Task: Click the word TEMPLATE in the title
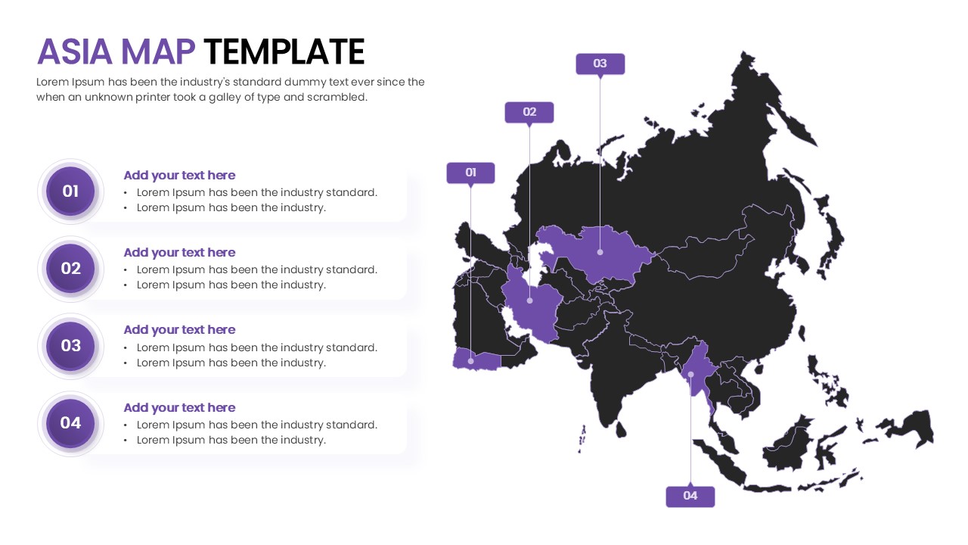click(x=284, y=52)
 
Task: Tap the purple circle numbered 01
click(x=70, y=192)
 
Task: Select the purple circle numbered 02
click(x=70, y=269)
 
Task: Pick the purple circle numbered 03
click(x=70, y=346)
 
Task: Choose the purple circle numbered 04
click(x=70, y=423)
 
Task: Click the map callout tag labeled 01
click(x=470, y=173)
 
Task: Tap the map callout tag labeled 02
click(x=529, y=112)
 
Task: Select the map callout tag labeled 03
click(x=600, y=64)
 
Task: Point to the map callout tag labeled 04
click(x=690, y=496)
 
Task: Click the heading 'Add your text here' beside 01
click(x=179, y=176)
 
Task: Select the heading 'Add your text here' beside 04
click(x=179, y=408)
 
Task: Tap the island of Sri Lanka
click(x=620, y=429)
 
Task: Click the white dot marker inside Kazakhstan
click(x=600, y=252)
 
